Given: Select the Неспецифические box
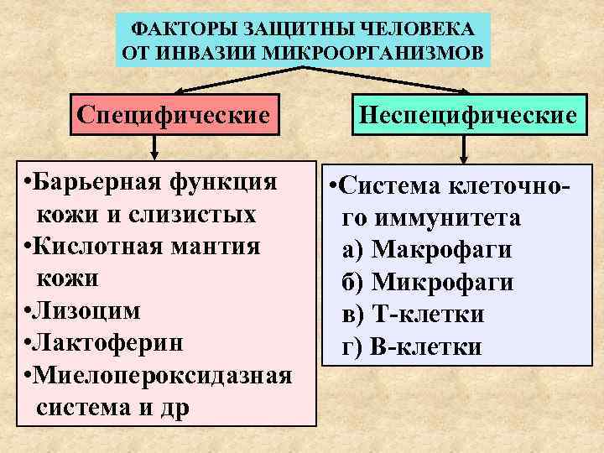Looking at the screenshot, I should [x=468, y=112].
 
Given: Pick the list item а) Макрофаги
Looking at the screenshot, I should [x=427, y=250].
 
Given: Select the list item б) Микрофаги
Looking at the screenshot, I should [x=428, y=282].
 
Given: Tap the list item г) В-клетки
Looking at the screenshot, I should [x=412, y=346].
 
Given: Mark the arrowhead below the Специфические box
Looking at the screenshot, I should [x=154, y=154].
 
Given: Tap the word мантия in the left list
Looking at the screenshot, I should [x=221, y=247].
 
